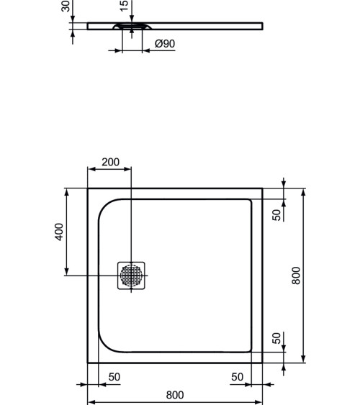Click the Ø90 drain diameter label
(165, 44)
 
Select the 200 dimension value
(110, 163)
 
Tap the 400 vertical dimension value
(60, 232)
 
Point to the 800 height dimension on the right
(295, 276)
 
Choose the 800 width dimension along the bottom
(175, 395)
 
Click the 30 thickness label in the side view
(66, 6)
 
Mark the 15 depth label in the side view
(123, 6)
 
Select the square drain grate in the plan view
(132, 276)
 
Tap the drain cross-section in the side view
(131, 27)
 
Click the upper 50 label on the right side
(277, 214)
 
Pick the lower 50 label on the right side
(277, 338)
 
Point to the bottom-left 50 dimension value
(114, 377)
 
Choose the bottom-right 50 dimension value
(237, 377)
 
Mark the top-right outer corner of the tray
(262, 189)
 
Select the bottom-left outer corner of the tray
(88, 363)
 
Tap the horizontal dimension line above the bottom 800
(175, 402)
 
